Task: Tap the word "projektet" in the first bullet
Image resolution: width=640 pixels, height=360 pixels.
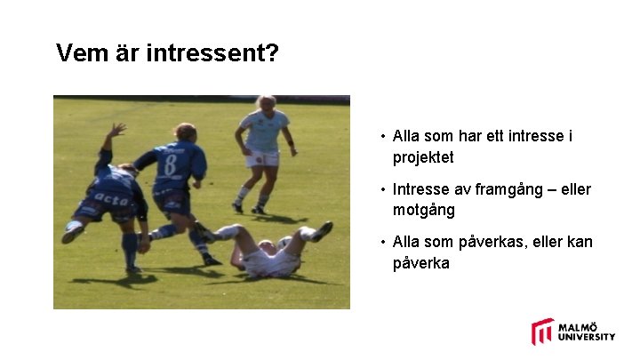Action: tap(423, 157)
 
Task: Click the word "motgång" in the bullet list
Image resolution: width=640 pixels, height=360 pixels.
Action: tap(423, 210)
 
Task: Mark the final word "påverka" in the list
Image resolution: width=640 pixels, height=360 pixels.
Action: tap(421, 263)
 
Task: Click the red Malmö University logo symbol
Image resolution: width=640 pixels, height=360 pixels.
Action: tap(542, 331)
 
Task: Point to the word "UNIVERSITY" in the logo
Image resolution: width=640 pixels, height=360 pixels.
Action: tap(587, 337)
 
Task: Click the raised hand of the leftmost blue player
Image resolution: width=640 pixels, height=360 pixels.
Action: tap(117, 130)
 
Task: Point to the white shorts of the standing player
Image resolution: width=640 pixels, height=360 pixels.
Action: tap(262, 158)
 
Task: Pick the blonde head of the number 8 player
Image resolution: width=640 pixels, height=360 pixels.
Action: tap(184, 132)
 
